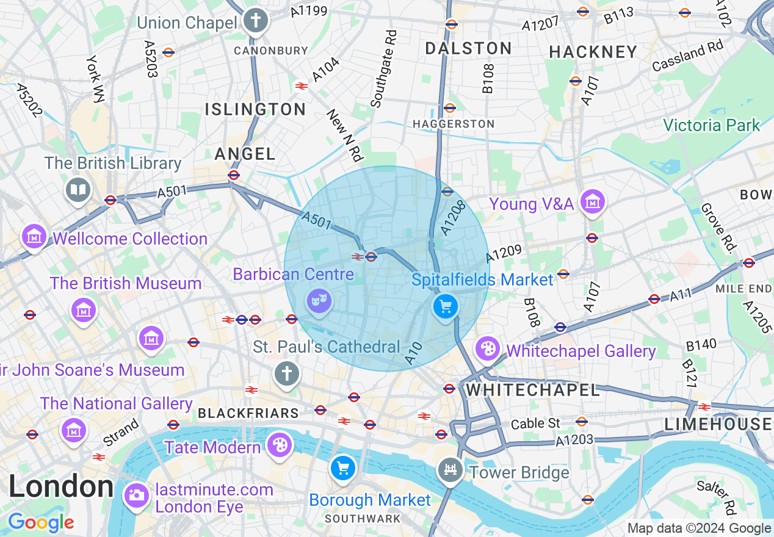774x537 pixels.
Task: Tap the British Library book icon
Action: (78, 190)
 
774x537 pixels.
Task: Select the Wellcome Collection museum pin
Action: (34, 236)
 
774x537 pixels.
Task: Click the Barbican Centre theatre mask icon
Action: (319, 300)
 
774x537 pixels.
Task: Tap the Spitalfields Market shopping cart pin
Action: (446, 306)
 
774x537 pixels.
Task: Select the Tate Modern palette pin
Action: (280, 445)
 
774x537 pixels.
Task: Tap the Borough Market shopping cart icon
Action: (342, 469)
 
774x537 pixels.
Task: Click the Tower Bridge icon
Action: (451, 469)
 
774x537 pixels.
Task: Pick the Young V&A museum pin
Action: (592, 201)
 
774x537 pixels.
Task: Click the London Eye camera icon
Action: (136, 494)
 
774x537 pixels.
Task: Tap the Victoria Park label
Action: (712, 126)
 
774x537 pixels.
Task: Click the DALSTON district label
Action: (468, 49)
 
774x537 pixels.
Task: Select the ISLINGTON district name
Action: (255, 110)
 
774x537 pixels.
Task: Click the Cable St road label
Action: (535, 423)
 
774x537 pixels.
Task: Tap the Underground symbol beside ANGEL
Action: (233, 175)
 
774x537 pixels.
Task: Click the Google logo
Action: (41, 522)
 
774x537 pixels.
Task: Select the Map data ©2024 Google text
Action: (699, 528)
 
